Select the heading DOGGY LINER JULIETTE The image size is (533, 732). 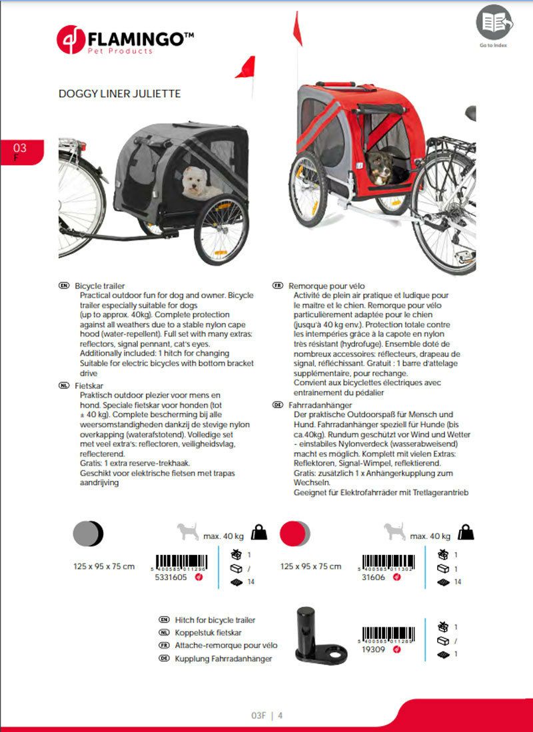click(120, 94)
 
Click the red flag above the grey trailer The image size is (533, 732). click(245, 67)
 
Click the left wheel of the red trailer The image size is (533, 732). click(307, 190)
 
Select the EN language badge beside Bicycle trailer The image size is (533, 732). click(64, 285)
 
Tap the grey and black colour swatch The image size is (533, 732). click(87, 532)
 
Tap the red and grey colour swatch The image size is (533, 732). click(295, 533)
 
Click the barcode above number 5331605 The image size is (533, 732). click(181, 561)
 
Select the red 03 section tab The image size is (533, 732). click(21, 151)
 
